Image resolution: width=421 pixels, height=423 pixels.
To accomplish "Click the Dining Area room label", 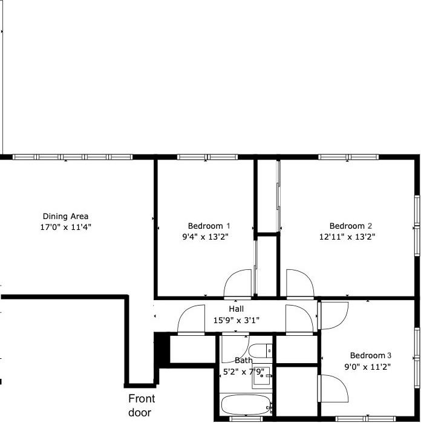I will point(66,216).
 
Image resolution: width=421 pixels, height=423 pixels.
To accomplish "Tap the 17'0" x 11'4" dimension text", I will point(66,227).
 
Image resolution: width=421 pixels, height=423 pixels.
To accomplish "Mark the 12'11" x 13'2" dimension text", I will point(348,237).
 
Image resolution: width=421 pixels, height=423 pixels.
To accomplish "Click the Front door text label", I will point(142,405).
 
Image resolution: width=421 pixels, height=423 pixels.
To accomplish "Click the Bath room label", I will point(244,361).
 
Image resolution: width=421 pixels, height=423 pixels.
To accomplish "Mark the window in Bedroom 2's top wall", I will point(348,157).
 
